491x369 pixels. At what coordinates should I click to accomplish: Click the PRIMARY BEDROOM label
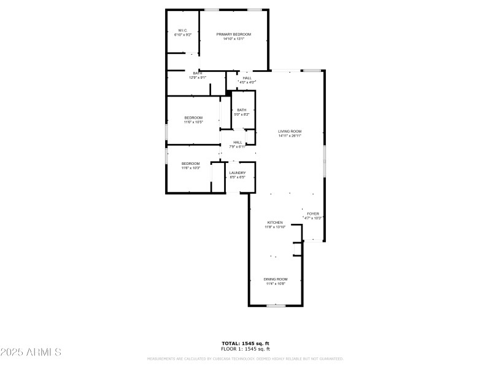coord(233,34)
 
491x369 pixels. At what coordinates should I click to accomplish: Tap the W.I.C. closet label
coord(183,30)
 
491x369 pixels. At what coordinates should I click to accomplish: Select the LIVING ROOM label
coord(290,131)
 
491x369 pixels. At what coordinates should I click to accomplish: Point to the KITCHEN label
coord(274,222)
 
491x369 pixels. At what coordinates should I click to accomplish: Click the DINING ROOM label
coord(276,279)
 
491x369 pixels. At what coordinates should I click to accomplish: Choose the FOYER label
coord(313,213)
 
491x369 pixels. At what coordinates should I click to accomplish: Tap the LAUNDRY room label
coord(238,173)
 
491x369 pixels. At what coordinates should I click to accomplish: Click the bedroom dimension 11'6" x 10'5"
coord(193,122)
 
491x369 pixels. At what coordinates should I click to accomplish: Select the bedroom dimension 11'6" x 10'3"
coord(190,168)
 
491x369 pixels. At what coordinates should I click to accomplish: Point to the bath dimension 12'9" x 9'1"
coord(198,77)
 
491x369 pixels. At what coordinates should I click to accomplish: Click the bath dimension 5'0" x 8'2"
coord(242,114)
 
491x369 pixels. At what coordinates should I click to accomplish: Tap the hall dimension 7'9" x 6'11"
coord(238,147)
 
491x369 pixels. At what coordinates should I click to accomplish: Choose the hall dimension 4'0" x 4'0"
coord(247,82)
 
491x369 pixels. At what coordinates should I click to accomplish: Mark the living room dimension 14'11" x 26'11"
coord(290,136)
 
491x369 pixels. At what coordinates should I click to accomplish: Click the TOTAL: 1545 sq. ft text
coord(245,343)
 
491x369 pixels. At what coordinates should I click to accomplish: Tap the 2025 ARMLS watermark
coord(31,352)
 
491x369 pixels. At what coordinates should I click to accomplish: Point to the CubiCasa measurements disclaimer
coord(245,359)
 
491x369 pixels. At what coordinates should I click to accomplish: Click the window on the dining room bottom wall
coord(276,305)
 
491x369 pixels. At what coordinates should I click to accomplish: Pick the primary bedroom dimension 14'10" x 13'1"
coord(233,39)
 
